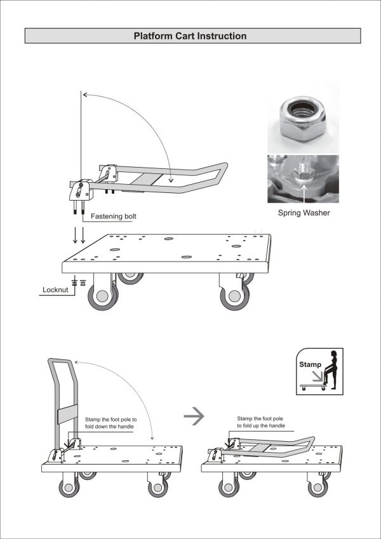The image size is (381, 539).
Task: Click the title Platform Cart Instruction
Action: pyautogui.click(x=190, y=36)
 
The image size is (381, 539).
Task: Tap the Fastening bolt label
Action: pyautogui.click(x=114, y=217)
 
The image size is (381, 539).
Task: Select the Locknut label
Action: pyautogui.click(x=55, y=289)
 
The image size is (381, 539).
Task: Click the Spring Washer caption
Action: pyautogui.click(x=304, y=213)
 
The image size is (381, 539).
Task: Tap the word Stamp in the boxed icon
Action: pyautogui.click(x=310, y=364)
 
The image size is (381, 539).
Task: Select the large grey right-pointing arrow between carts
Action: pyautogui.click(x=192, y=417)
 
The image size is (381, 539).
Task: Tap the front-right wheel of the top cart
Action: pyautogui.click(x=235, y=296)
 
